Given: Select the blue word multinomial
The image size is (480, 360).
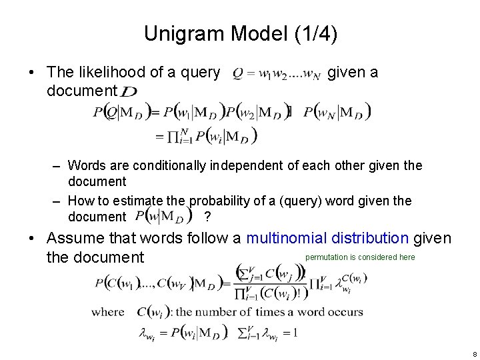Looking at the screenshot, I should click(x=294, y=238).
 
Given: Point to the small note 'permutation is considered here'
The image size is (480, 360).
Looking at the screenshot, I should click(x=360, y=257).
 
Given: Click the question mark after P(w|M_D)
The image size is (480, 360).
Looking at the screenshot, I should click(x=208, y=217).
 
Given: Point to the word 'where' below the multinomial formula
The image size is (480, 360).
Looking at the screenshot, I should click(x=108, y=311).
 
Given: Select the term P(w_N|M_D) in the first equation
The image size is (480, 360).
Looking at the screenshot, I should click(x=338, y=113).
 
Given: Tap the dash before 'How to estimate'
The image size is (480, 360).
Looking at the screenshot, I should click(x=57, y=201).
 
